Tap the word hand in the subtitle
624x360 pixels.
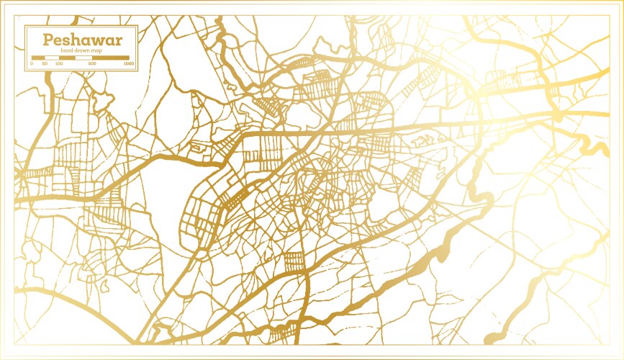[x=67, y=50]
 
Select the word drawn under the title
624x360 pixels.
[x=81, y=50]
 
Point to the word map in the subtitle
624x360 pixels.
[x=96, y=50]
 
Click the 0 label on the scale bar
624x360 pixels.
[x=31, y=64]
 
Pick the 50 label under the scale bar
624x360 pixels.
[x=45, y=64]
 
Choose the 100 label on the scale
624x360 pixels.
[x=59, y=64]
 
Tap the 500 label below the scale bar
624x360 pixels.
[x=92, y=64]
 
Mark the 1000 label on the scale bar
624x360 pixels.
[x=128, y=64]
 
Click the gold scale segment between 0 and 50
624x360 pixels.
[x=37, y=58]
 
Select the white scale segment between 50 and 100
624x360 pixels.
[x=51, y=58]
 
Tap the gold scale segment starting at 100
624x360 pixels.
[x=67, y=58]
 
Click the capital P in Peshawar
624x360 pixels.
[x=48, y=40]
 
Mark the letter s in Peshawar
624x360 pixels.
[x=61, y=40]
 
